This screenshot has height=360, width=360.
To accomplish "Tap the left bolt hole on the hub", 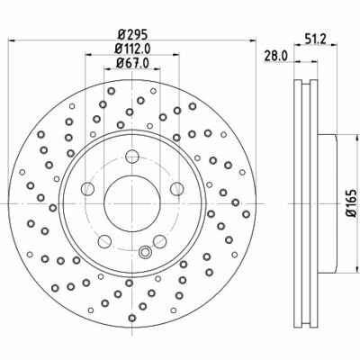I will click(x=88, y=189).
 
